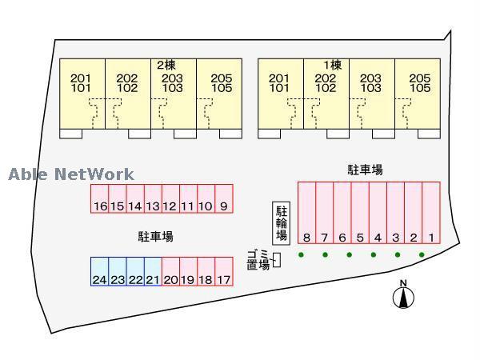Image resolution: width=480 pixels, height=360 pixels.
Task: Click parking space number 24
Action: (99, 271)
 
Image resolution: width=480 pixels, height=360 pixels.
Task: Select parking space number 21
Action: (153, 271)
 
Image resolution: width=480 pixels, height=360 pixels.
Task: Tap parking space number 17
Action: (224, 271)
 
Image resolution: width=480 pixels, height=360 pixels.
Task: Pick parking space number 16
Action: (99, 198)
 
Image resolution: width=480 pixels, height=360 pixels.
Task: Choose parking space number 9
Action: (224, 198)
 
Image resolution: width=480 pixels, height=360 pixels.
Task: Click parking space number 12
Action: (170, 198)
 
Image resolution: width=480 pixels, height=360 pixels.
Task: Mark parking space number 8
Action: (306, 213)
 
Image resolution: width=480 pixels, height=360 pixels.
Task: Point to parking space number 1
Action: (431, 213)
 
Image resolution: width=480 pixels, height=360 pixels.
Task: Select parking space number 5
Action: (360, 213)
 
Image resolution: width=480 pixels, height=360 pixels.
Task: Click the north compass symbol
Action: (403, 294)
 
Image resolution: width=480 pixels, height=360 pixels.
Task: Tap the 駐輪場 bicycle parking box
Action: (282, 223)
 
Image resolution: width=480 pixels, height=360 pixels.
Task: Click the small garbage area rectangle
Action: (277, 260)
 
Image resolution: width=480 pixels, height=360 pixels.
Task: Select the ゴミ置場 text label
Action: (258, 260)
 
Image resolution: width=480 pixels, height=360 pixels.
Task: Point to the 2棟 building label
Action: (166, 65)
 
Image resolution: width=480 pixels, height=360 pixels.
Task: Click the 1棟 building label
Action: (333, 65)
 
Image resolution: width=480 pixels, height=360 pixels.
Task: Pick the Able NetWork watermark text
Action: (71, 174)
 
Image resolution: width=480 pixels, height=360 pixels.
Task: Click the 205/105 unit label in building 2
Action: (222, 83)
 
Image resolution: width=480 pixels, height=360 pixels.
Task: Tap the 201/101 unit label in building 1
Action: (279, 83)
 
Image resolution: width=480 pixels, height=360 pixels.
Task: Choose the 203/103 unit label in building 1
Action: (370, 83)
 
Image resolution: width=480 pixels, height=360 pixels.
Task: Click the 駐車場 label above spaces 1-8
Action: (366, 170)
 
